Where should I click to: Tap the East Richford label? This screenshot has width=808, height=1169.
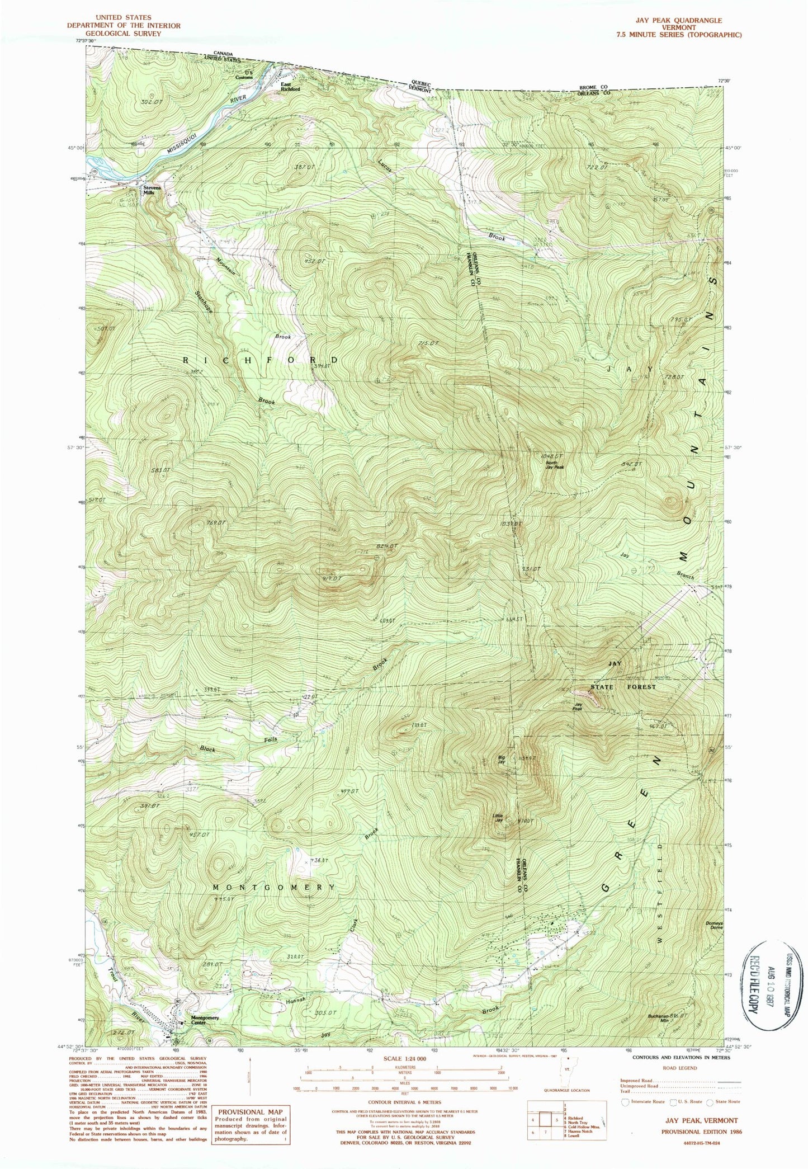[290, 87]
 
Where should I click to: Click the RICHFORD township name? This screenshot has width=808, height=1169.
[261, 360]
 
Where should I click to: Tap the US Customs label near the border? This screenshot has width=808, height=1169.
[248, 75]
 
